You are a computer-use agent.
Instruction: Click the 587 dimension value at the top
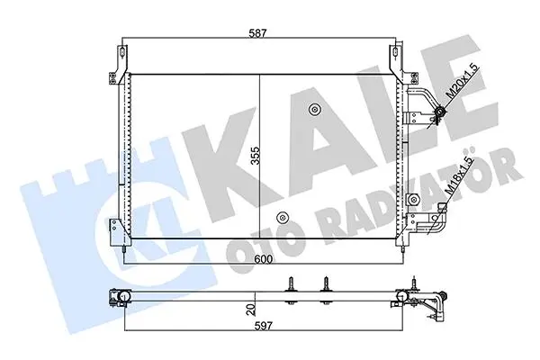point(258,33)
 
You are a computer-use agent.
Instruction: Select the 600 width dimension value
point(262,259)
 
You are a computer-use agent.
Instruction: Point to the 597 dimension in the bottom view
point(263,326)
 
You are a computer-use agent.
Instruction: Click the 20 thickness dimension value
point(252,310)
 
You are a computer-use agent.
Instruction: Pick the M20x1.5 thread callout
point(463,82)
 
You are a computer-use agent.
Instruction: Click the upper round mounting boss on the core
point(314,110)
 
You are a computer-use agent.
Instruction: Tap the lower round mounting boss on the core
point(283,217)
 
